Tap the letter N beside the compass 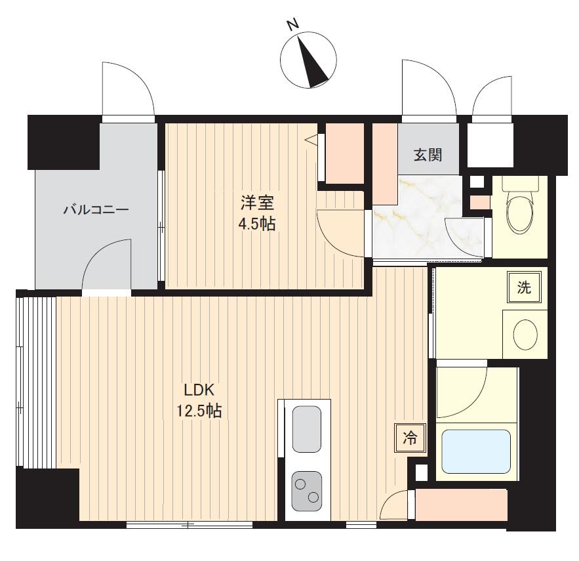coord(293,25)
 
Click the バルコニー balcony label coord(96,210)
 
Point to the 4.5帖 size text coord(258,224)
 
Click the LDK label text coord(199,390)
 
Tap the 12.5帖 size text coord(199,411)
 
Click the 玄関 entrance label coord(428,155)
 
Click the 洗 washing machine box coord(525,287)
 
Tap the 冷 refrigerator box coord(410,438)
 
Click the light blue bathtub coord(476,451)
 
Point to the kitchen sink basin coord(306,429)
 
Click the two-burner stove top coord(306,491)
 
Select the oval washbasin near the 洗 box coord(525,334)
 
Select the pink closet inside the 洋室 coord(344,153)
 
